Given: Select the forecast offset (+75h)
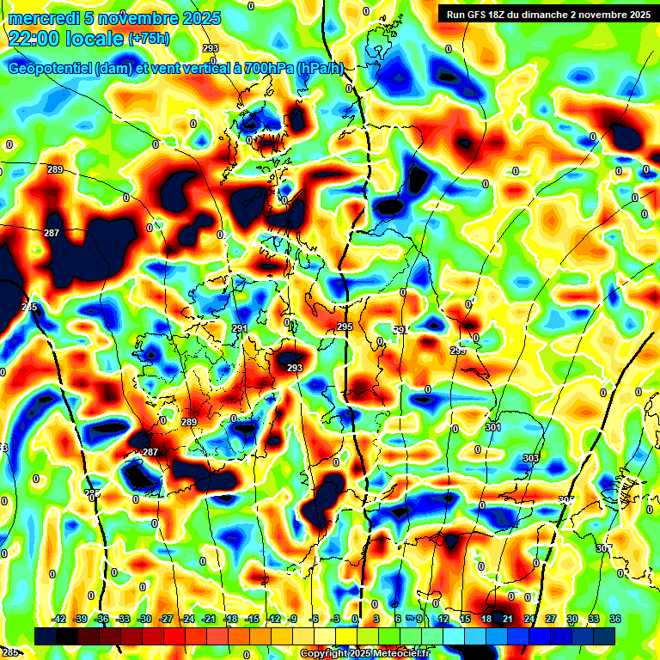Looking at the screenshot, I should tap(148, 39).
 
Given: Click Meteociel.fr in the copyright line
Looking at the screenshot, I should tap(398, 654).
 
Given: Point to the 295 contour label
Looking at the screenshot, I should tap(345, 327).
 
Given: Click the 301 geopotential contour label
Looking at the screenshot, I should tap(492, 427).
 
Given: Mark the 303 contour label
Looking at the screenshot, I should tap(530, 458).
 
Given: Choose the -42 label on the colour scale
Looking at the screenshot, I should tap(58, 619).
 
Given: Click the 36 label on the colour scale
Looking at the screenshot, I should tap(615, 619).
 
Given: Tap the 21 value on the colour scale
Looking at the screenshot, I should tap(508, 619).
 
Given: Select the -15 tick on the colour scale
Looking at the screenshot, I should tap(252, 619).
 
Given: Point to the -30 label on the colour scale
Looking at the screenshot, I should tap(144, 619).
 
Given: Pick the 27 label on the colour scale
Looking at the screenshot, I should tap(551, 619).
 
